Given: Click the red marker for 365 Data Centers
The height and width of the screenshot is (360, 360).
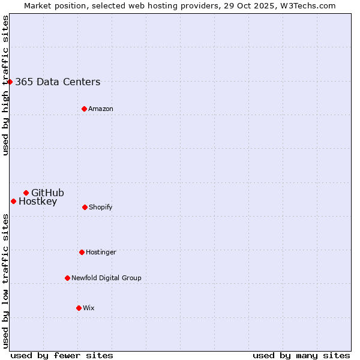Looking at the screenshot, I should [10, 82].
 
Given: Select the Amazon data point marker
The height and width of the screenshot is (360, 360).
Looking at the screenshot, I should [84, 109].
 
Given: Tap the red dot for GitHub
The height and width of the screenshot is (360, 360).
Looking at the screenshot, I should [26, 193].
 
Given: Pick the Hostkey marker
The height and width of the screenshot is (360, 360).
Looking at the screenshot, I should [13, 201].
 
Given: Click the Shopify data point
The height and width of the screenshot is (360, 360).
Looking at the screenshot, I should [85, 207].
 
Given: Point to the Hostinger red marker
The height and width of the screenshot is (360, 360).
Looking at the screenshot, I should [82, 252].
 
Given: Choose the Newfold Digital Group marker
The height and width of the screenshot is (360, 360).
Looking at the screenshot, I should [67, 278].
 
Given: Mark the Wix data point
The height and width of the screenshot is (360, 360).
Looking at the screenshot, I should [79, 308].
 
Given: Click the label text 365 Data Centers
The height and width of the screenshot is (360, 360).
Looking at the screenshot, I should [58, 82].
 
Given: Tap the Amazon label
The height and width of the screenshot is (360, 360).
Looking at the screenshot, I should [101, 109].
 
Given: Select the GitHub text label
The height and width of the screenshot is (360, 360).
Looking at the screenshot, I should [47, 193].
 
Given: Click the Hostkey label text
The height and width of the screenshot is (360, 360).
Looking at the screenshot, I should [38, 202].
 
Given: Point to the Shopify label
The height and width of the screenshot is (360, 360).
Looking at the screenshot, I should [100, 208].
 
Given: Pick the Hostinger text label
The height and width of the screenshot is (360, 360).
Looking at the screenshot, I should [101, 253].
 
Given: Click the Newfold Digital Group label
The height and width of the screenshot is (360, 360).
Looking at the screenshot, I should [106, 278].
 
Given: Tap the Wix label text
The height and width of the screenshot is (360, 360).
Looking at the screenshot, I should [89, 308].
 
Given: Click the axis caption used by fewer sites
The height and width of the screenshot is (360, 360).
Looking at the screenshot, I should [62, 355].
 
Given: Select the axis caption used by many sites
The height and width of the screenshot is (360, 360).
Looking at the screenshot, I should [301, 355].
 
